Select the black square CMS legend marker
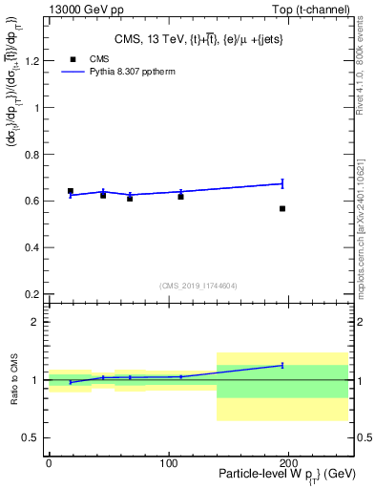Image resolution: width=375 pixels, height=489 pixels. (x=71, y=58)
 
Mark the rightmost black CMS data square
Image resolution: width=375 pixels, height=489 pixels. (x=282, y=208)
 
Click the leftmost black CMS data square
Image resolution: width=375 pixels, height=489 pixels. (x=71, y=191)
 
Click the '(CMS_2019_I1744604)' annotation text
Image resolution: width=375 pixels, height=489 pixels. (x=198, y=286)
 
